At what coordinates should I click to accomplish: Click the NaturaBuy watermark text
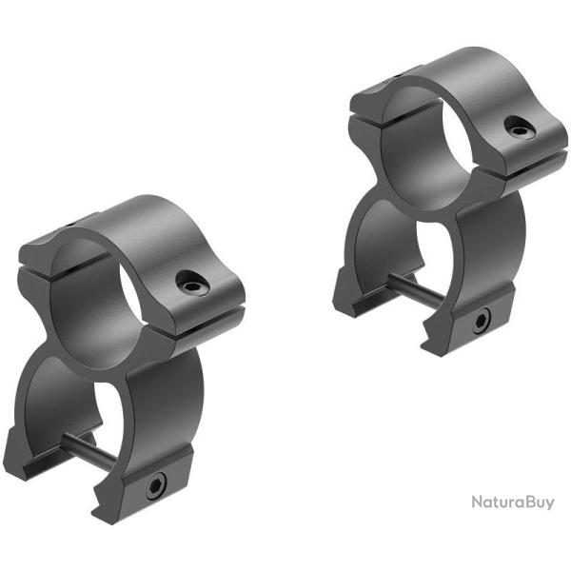(x=513, y=502)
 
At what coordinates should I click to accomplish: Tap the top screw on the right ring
(x=521, y=127)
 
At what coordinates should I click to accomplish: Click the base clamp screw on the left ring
(x=155, y=487)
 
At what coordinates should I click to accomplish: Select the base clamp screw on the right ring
(x=482, y=322)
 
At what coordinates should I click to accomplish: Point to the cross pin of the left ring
(x=89, y=451)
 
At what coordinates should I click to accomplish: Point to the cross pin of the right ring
(x=416, y=290)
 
